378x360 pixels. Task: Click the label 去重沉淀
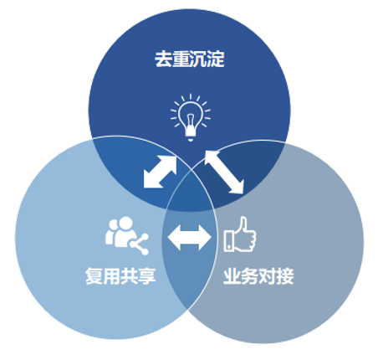(x=190, y=59)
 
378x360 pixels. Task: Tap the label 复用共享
(x=120, y=276)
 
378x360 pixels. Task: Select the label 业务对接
(x=258, y=276)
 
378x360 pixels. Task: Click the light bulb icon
(x=191, y=117)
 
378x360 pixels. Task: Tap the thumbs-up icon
(x=240, y=234)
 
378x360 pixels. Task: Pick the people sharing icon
(x=127, y=235)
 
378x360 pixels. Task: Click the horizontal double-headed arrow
(x=189, y=238)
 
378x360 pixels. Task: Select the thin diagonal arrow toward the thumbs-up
(x=224, y=172)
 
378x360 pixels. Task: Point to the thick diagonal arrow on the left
(x=160, y=172)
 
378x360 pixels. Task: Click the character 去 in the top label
(x=163, y=59)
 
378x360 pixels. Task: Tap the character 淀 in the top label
(x=216, y=59)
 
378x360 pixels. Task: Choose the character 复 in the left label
(x=94, y=276)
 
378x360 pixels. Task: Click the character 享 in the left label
(x=147, y=276)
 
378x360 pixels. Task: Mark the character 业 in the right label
(x=232, y=276)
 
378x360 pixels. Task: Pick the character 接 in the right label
(x=285, y=276)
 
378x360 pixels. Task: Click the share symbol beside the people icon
(x=139, y=244)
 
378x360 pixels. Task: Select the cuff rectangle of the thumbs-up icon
(x=229, y=241)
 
